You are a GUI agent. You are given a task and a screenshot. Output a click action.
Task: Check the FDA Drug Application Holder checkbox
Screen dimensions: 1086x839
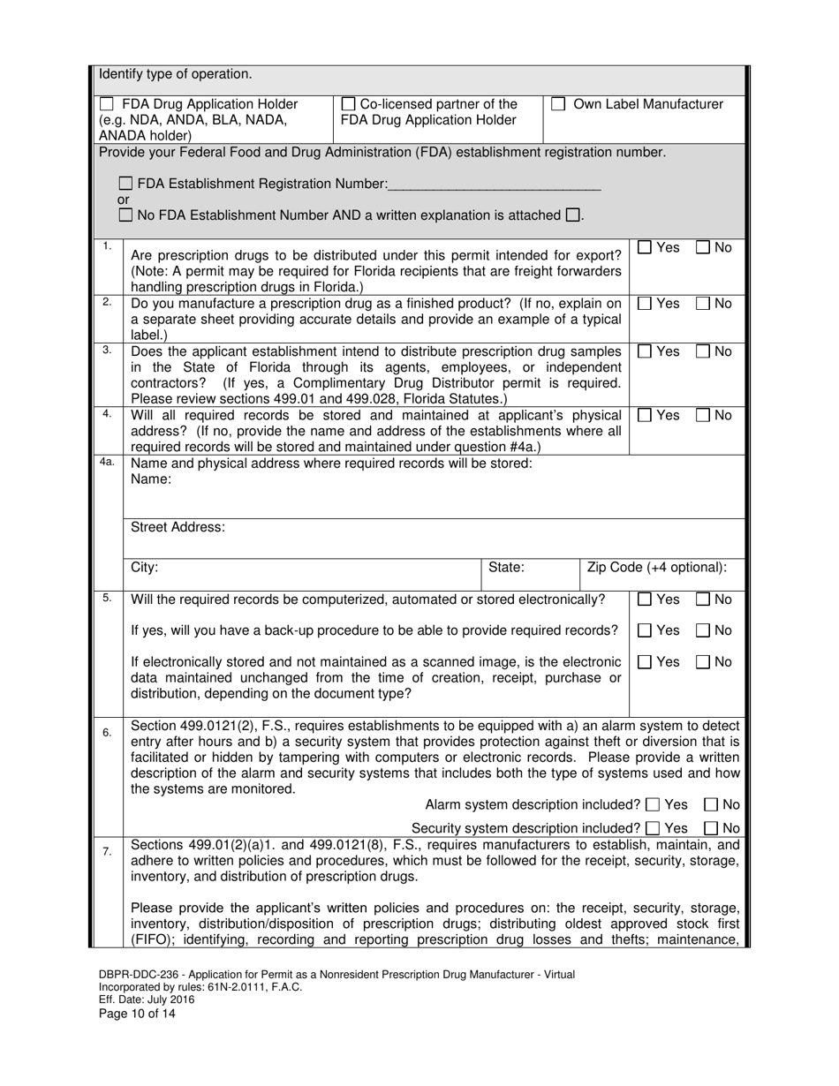107,104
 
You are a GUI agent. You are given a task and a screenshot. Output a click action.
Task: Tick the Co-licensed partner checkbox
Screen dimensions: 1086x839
348,104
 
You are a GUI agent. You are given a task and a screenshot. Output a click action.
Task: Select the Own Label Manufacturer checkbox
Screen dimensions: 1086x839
558,104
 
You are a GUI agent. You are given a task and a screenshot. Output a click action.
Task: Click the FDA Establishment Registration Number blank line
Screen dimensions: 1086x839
494,184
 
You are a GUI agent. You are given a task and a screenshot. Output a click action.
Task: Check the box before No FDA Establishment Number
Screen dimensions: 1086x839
125,215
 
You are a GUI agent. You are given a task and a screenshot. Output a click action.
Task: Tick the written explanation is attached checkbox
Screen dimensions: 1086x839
572,215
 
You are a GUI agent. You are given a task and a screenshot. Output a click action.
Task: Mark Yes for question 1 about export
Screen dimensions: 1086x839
646,248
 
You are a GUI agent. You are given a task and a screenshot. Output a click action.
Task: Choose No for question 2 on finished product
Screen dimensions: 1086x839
704,304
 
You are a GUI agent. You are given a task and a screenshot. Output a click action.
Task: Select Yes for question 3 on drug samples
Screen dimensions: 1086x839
646,351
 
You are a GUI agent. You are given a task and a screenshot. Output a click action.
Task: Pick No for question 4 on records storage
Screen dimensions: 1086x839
704,415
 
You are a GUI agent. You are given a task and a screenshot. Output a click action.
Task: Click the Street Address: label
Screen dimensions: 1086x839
178,527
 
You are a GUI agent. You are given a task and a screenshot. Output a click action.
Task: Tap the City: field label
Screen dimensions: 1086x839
144,568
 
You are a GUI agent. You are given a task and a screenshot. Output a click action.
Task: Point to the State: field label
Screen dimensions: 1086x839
506,568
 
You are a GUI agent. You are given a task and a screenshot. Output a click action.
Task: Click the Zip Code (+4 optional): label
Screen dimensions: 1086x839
657,568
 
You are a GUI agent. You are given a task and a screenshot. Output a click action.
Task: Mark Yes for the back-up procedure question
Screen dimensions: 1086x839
646,630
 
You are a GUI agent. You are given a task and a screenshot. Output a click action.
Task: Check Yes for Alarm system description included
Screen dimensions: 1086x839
653,804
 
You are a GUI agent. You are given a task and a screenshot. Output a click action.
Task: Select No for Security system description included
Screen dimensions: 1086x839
712,828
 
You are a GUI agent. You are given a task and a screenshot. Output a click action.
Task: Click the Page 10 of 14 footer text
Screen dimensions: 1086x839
137,1014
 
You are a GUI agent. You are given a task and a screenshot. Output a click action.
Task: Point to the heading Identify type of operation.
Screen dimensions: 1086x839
175,74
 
